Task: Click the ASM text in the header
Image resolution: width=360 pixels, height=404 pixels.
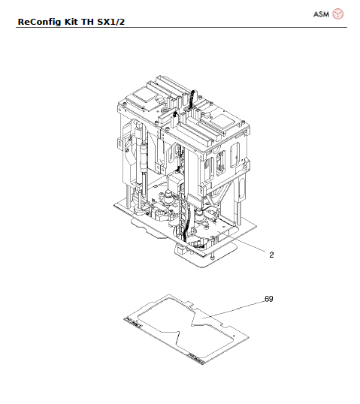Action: [x=320, y=14]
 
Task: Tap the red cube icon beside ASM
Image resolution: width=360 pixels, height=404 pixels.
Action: [x=338, y=14]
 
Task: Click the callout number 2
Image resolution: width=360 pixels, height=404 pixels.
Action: [x=271, y=255]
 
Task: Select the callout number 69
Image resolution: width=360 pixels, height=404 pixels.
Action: [x=268, y=298]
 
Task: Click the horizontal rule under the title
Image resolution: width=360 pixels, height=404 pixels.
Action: [x=180, y=28]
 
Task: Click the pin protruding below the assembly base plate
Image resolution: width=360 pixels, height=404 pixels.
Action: [x=213, y=258]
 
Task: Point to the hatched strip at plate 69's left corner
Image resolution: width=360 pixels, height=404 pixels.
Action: [x=133, y=321]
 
